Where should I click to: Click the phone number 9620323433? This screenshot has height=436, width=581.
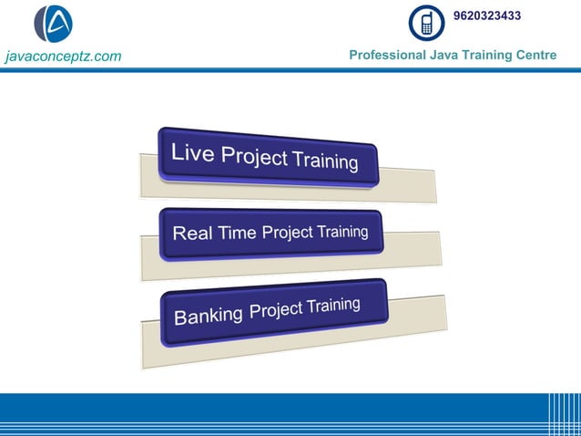point(487,16)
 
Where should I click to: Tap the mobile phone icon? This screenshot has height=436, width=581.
point(426,23)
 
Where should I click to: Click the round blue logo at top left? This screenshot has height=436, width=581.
point(53,24)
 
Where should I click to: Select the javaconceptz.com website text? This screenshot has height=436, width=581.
point(63,57)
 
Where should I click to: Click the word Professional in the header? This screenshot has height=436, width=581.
point(387,56)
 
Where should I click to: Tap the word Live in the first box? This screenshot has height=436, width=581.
point(193,152)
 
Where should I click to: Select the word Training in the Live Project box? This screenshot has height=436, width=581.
point(324,161)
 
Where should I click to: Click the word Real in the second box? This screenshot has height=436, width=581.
point(193,234)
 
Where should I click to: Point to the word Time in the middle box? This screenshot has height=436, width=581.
point(237,234)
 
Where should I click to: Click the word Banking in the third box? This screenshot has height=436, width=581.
point(209,316)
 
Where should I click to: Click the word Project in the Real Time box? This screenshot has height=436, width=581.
point(288,233)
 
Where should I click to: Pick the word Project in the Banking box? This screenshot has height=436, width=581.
point(277,310)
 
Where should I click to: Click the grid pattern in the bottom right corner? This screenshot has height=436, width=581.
point(564,414)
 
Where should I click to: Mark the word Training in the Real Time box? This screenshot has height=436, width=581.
point(342,232)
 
